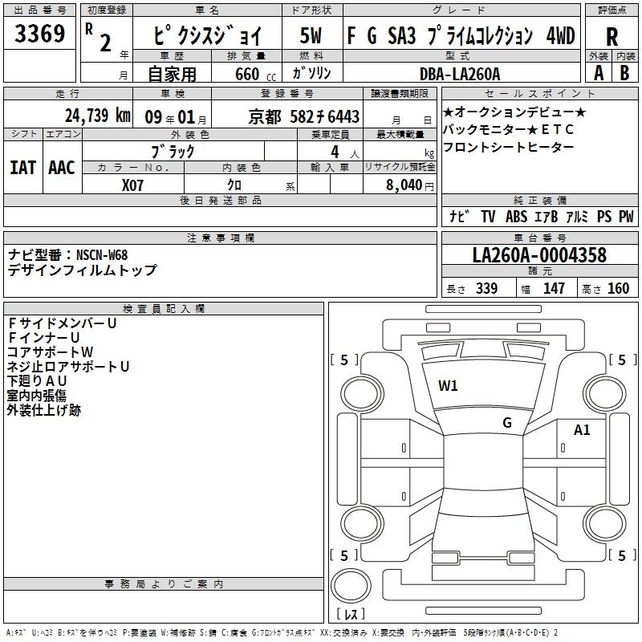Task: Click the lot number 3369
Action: [x=39, y=33]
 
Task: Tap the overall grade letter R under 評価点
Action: [x=612, y=37]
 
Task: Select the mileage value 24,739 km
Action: [x=97, y=116]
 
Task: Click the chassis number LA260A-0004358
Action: [x=539, y=255]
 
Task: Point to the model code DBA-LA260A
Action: [x=460, y=74]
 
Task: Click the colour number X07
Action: [x=132, y=185]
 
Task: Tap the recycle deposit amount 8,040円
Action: [x=410, y=185]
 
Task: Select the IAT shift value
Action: [x=22, y=168]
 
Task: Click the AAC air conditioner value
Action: [x=62, y=168]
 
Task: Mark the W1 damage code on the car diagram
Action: [x=448, y=386]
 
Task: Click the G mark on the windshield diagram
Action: [x=507, y=423]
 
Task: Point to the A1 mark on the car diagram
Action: [x=582, y=430]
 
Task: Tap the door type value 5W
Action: [x=311, y=35]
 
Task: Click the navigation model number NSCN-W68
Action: [x=102, y=255]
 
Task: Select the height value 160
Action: [x=618, y=288]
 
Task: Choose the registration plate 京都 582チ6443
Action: [x=304, y=117]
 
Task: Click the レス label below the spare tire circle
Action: [x=351, y=614]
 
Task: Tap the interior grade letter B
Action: [x=624, y=73]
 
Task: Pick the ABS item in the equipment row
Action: [x=516, y=216]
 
